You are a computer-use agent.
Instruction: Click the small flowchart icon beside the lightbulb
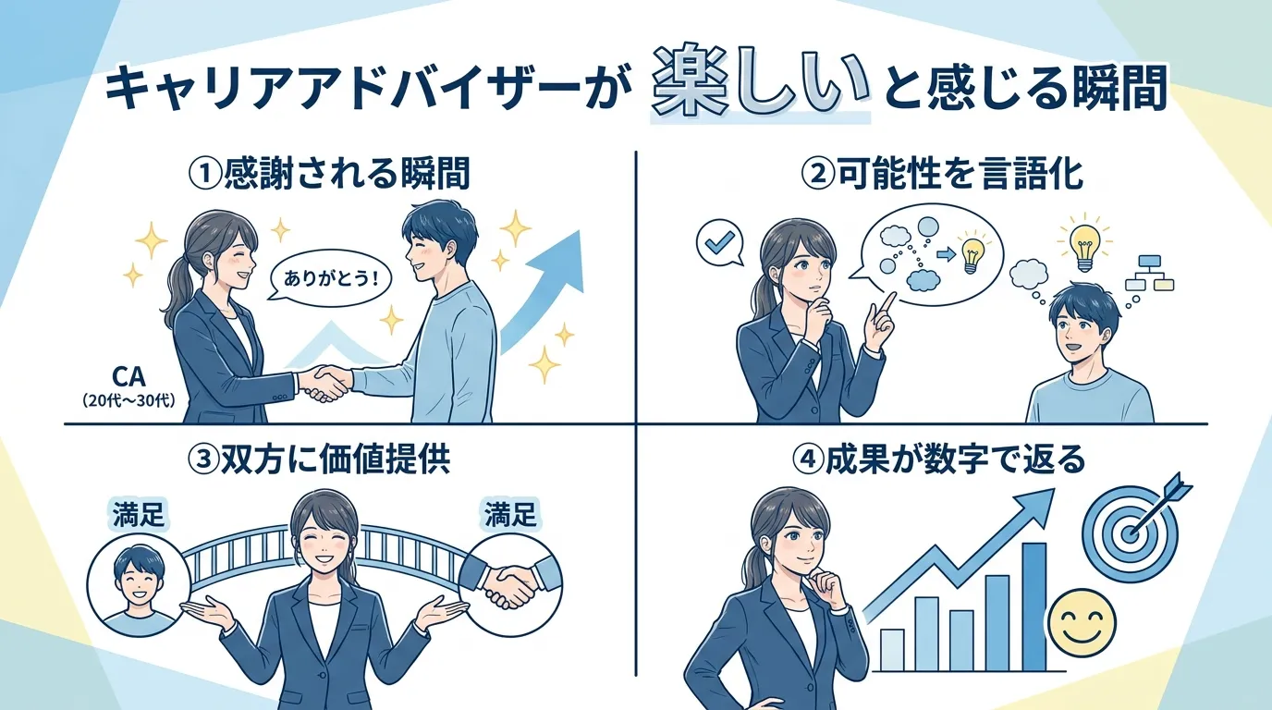point(1147,273)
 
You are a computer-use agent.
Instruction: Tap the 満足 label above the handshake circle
point(509,514)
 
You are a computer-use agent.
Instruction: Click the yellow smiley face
point(1083,623)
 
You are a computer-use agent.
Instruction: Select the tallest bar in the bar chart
point(1033,606)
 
